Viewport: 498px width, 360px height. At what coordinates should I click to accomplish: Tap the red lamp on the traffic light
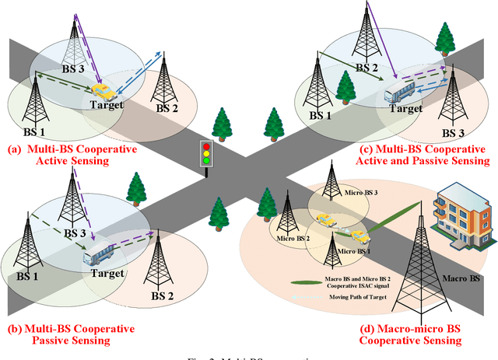tap(206, 145)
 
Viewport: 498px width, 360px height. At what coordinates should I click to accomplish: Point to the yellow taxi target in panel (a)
tap(99, 91)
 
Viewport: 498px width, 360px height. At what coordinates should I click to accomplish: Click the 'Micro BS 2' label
tap(290, 238)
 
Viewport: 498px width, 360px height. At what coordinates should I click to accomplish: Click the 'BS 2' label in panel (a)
tap(167, 109)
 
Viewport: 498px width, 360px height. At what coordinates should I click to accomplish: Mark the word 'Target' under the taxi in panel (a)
tap(105, 105)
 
